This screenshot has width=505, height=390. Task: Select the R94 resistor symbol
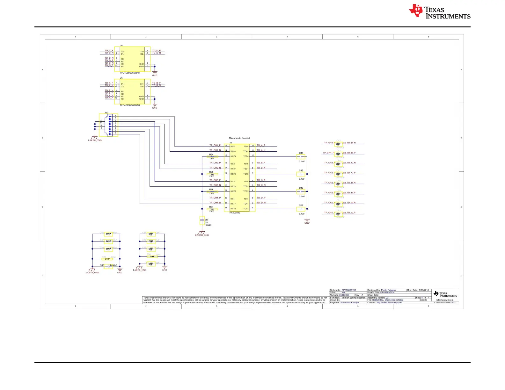[212, 156]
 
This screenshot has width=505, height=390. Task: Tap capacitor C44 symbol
[301, 156]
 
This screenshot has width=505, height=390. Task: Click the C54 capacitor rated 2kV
[202, 220]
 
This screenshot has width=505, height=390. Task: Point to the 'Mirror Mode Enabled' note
[239, 138]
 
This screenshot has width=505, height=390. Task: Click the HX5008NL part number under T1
[235, 213]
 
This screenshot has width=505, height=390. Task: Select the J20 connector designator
[106, 112]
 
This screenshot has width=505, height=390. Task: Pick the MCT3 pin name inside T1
[233, 174]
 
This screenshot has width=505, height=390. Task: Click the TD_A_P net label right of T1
[261, 145]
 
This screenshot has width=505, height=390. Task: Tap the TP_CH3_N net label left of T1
[215, 185]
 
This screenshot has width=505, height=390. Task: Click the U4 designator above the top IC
[121, 46]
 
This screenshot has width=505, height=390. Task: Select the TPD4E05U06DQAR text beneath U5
[130, 105]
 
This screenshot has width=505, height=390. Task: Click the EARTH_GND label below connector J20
[95, 140]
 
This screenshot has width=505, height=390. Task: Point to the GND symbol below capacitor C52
[307, 220]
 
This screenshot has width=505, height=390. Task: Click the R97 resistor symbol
[212, 209]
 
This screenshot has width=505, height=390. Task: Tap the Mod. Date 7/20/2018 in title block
[418, 290]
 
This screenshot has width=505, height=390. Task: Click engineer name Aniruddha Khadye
[349, 303]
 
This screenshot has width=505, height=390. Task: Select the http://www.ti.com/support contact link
[389, 303]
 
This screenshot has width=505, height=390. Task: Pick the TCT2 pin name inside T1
[246, 191]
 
